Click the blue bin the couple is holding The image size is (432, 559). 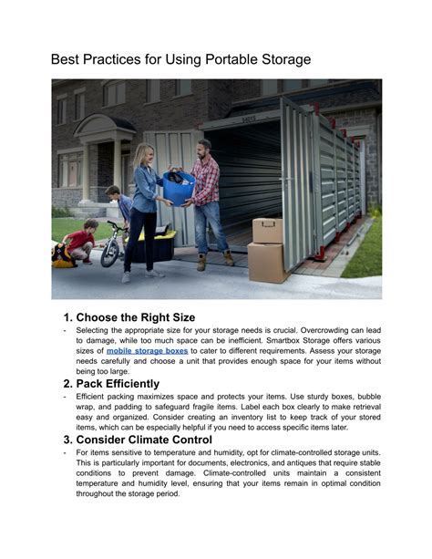point(179,186)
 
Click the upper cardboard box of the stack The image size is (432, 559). point(267,230)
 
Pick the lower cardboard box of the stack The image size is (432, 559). point(267,261)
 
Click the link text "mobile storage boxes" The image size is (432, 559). point(147,349)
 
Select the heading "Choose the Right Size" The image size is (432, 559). point(145,317)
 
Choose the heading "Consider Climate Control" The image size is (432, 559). point(150,440)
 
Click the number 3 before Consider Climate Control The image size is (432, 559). point(67,440)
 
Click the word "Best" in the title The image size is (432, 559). point(67,60)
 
